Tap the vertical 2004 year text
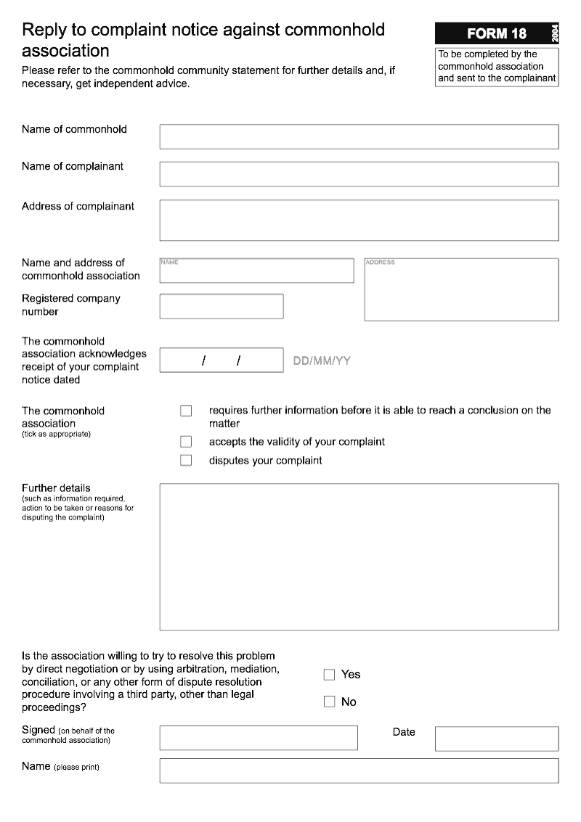coord(555,33)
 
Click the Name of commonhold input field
coord(359,136)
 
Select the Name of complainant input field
coord(359,174)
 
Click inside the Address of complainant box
coord(359,220)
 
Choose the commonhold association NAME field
coord(256,271)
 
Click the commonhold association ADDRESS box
coord(461,289)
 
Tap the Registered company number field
coord(222,306)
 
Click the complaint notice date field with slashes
coord(222,360)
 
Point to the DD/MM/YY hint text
coord(321,361)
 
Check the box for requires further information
coord(186,411)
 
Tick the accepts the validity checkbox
coord(186,441)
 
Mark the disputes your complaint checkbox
coord(186,460)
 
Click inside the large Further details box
coord(359,556)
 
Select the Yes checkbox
coord(329,675)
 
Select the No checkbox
coord(329,702)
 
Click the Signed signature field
coord(259,738)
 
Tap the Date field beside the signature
coord(497,739)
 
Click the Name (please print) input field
coord(359,770)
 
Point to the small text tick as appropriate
coord(56,434)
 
